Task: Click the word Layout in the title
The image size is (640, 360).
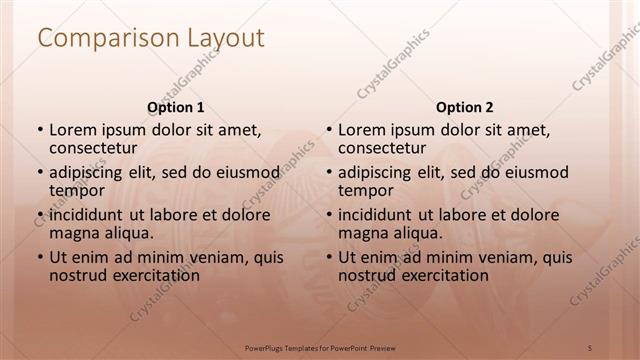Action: (225, 39)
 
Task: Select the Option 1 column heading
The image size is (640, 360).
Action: (176, 107)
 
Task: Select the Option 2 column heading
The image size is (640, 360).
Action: (464, 107)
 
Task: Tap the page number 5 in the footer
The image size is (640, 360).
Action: (592, 346)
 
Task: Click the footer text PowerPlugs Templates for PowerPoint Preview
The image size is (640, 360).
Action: (320, 346)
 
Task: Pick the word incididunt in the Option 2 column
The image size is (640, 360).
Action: (376, 215)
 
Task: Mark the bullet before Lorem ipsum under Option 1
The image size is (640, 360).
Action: (40, 130)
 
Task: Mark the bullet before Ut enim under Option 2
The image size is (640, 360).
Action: (328, 257)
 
